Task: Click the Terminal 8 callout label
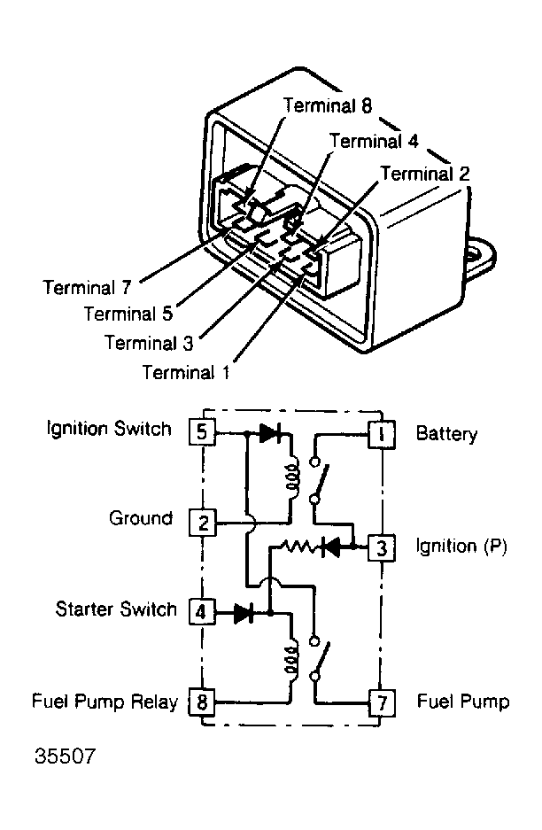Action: click(328, 105)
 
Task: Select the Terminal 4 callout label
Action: click(374, 141)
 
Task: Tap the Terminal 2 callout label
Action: click(425, 173)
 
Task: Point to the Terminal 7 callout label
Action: click(87, 287)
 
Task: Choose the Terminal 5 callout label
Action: click(128, 314)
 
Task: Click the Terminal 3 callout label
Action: click(150, 343)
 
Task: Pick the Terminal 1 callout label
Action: click(186, 372)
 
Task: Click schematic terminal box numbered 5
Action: click(202, 432)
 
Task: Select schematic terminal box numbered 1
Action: click(382, 435)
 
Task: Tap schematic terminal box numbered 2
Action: click(203, 523)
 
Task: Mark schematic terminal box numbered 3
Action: click(382, 547)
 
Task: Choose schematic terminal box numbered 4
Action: click(201, 612)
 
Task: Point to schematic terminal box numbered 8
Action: click(202, 702)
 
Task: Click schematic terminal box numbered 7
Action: click(382, 703)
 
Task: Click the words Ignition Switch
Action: click(110, 428)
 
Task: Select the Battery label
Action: click(446, 433)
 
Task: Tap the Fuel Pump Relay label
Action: click(105, 702)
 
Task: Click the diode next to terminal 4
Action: click(244, 613)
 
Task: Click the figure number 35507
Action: click(66, 756)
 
